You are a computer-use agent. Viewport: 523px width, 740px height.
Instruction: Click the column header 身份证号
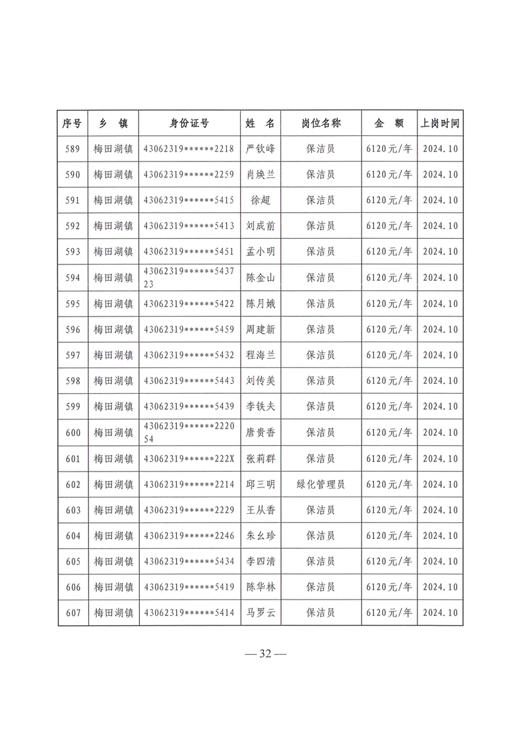tap(189, 123)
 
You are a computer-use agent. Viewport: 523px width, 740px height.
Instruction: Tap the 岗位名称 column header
tap(321, 123)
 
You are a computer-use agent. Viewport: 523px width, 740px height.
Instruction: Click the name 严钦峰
tap(260, 148)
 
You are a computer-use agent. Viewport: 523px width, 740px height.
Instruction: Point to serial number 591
tap(73, 200)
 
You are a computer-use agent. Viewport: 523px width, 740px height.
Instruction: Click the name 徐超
tap(260, 200)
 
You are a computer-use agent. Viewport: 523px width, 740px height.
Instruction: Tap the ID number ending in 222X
tap(189, 458)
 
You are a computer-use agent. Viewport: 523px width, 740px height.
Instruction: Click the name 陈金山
tap(260, 278)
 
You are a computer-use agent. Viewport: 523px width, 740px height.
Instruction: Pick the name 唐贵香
tap(260, 433)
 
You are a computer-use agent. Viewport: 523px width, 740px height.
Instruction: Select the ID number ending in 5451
tap(189, 251)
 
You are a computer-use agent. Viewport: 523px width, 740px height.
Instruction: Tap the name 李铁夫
tap(260, 407)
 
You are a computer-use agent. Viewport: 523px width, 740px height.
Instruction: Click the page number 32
tap(265, 654)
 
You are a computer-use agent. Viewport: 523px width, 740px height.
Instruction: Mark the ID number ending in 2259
tap(189, 174)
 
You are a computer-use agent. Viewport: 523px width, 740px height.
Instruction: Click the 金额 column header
tap(389, 123)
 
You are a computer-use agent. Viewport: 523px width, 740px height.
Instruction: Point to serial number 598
tap(73, 381)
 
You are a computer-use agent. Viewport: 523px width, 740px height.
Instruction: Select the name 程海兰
tap(260, 355)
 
